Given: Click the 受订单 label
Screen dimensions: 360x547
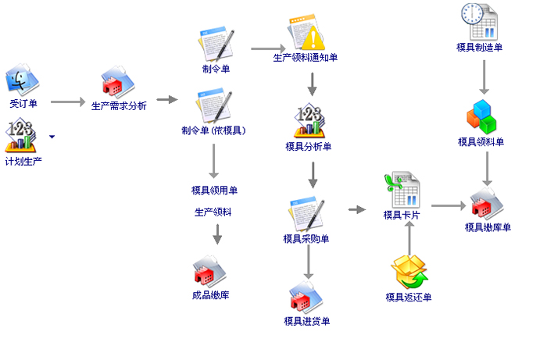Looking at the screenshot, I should [23, 103].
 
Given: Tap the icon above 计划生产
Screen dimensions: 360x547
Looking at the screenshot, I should [23, 137].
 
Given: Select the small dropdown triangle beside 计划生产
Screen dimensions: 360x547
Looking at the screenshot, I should [52, 137].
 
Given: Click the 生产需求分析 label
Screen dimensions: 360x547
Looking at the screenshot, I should [119, 105].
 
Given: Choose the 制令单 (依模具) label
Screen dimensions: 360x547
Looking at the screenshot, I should [213, 130].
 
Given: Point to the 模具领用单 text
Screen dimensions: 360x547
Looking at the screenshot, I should [214, 190].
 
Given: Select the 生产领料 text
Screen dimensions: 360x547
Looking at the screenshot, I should [213, 212].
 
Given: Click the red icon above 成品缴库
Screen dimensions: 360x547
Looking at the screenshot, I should [210, 272].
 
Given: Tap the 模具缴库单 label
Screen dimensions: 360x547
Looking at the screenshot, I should [488, 227].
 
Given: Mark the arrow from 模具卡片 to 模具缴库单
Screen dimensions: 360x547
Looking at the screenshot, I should [449, 206].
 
